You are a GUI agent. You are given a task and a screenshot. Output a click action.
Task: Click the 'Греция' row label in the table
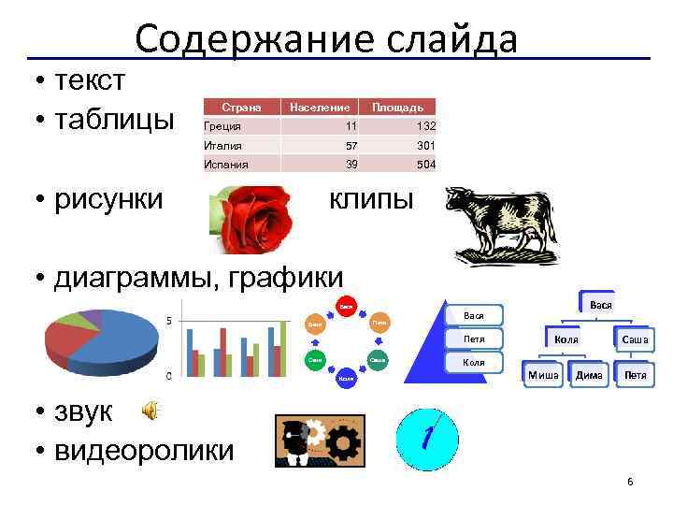pyautogui.click(x=222, y=126)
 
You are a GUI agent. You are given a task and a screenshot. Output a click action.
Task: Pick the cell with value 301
pyautogui.click(x=426, y=145)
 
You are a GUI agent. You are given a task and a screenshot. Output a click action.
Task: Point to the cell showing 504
pyautogui.click(x=426, y=164)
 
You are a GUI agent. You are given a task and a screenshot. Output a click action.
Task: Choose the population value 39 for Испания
pyautogui.click(x=351, y=164)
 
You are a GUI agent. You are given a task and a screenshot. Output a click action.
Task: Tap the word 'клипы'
pyautogui.click(x=369, y=198)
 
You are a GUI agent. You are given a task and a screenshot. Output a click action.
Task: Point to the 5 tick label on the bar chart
pyautogui.click(x=167, y=322)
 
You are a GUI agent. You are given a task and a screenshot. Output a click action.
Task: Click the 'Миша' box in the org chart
pyautogui.click(x=543, y=375)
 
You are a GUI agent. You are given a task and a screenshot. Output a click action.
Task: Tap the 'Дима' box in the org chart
pyautogui.click(x=589, y=375)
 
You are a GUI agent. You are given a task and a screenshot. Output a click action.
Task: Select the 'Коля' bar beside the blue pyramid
pyautogui.click(x=473, y=362)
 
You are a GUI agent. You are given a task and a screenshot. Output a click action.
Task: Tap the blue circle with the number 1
pyautogui.click(x=427, y=438)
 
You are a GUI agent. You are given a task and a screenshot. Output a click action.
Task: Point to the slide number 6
pyautogui.click(x=630, y=482)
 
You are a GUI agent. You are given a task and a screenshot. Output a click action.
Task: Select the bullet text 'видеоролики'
pyautogui.click(x=145, y=450)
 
